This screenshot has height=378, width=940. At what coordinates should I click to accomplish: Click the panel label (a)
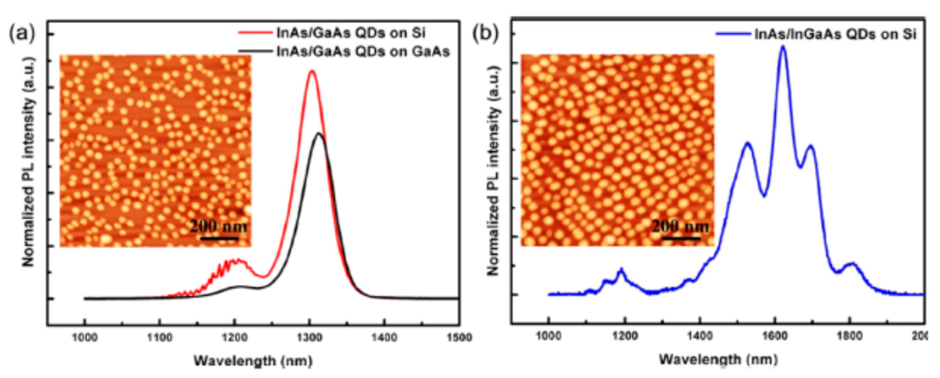pyautogui.click(x=22, y=34)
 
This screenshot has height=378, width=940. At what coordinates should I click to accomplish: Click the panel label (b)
pyautogui.click(x=485, y=34)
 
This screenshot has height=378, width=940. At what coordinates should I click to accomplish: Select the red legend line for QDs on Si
pyautogui.click(x=256, y=33)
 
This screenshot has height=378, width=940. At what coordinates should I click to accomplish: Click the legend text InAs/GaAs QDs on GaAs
pyautogui.click(x=363, y=51)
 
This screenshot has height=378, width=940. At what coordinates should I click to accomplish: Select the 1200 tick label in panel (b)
pyautogui.click(x=625, y=335)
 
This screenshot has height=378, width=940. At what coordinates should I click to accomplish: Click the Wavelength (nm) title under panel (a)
pyautogui.click(x=253, y=361)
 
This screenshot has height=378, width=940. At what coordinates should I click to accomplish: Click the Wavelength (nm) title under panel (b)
pyautogui.click(x=718, y=359)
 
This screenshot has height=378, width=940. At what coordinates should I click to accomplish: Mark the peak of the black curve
pyautogui.click(x=319, y=134)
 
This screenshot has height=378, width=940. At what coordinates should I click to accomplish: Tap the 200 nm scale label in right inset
pyautogui.click(x=680, y=227)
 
